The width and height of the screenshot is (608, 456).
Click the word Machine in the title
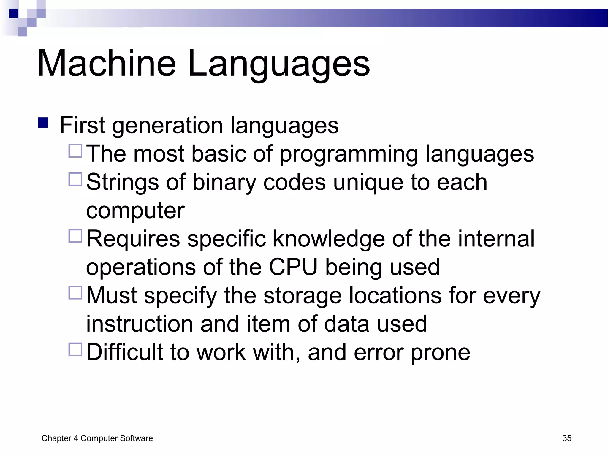pyautogui.click(x=107, y=63)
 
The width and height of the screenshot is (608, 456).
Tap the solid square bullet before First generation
pyautogui.click(x=43, y=123)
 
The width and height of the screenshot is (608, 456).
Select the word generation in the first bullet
pyautogui.click(x=167, y=126)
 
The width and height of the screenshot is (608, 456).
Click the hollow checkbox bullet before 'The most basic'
pyautogui.click(x=75, y=151)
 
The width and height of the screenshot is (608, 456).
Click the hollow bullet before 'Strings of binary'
pyautogui.click(x=75, y=179)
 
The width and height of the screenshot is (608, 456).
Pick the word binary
pyautogui.click(x=224, y=182)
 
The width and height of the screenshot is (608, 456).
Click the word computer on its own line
pyautogui.click(x=135, y=210)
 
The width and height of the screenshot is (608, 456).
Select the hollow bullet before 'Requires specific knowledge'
pyautogui.click(x=75, y=236)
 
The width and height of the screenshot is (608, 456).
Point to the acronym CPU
pyautogui.click(x=293, y=267)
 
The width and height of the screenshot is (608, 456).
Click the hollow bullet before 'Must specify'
pyautogui.click(x=75, y=293)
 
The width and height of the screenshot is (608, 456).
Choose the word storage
pyautogui.click(x=303, y=296)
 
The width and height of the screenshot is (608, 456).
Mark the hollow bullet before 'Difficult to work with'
pyautogui.click(x=75, y=349)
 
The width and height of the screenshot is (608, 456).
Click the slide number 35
pyautogui.click(x=567, y=438)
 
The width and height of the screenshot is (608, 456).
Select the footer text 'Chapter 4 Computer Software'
pyautogui.click(x=97, y=438)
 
